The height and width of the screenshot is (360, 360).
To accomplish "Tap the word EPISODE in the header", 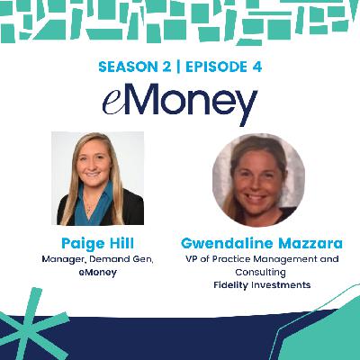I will (x=221, y=67).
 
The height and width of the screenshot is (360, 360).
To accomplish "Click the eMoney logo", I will (x=180, y=103).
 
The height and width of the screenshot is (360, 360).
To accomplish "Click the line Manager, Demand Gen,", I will (x=97, y=258).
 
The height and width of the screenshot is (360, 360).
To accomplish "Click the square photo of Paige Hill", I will (x=97, y=177).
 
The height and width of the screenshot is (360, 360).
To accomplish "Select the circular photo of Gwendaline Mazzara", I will (x=258, y=178).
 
